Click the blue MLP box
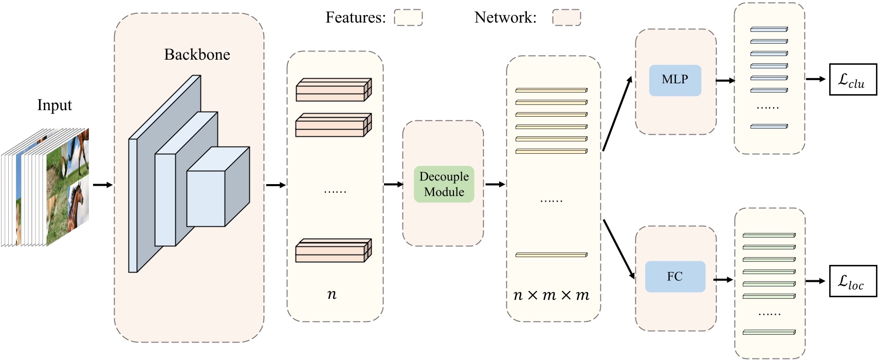click(x=674, y=80)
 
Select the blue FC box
click(x=674, y=277)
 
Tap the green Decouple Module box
click(x=444, y=184)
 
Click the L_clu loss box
click(x=853, y=80)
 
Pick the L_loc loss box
click(x=853, y=281)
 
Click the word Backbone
click(x=197, y=55)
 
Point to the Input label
click(x=54, y=105)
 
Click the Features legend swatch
click(x=408, y=17)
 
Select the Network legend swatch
click(x=566, y=17)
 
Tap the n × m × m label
click(x=552, y=295)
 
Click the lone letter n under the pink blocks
click(x=332, y=294)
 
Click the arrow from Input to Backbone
click(x=102, y=185)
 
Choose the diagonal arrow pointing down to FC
click(x=619, y=249)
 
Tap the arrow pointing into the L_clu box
click(x=815, y=79)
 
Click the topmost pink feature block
click(x=333, y=90)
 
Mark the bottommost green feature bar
click(x=769, y=332)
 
